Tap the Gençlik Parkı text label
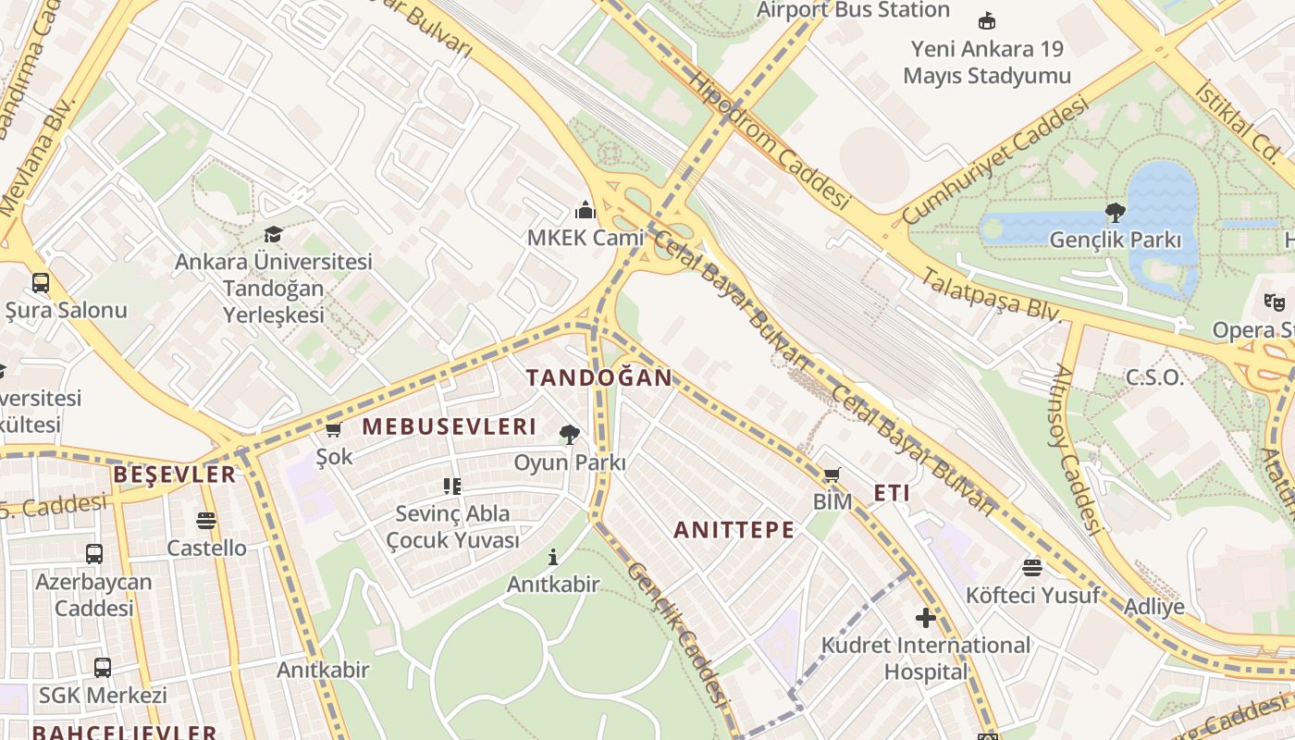[1115, 240]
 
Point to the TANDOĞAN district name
[599, 377]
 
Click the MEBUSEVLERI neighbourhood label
[449, 426]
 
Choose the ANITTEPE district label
[734, 530]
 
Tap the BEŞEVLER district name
[174, 475]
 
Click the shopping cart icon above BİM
[832, 475]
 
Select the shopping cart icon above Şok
[334, 430]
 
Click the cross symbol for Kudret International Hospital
[925, 618]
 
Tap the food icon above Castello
[206, 521]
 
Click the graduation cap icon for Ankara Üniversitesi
[273, 234]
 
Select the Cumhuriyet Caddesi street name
[994, 164]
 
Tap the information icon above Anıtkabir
[553, 557]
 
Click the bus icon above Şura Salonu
[41, 283]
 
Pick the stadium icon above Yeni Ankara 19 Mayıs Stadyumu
[987, 20]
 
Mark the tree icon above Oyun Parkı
[569, 434]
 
